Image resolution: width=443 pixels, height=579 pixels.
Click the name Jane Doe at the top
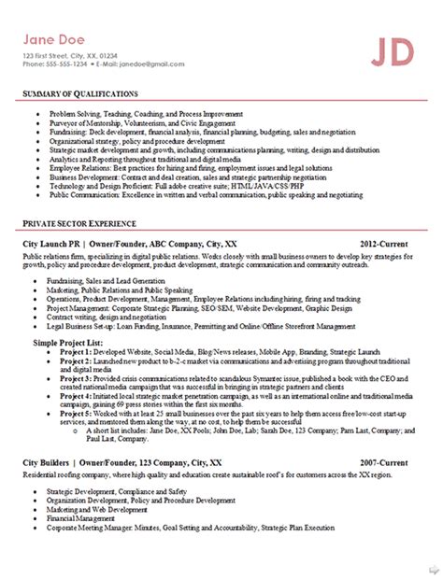tap(56, 40)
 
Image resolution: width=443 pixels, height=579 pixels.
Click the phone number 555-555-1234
tap(69, 65)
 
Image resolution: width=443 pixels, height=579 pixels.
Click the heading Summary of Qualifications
tap(80, 94)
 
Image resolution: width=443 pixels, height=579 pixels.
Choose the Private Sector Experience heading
tap(79, 225)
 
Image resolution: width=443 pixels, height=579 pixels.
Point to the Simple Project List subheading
tap(64, 344)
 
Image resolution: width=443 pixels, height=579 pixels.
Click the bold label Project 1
tap(77, 353)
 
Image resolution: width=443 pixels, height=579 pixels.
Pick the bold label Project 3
tap(77, 378)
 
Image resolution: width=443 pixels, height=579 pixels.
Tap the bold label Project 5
tap(77, 412)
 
